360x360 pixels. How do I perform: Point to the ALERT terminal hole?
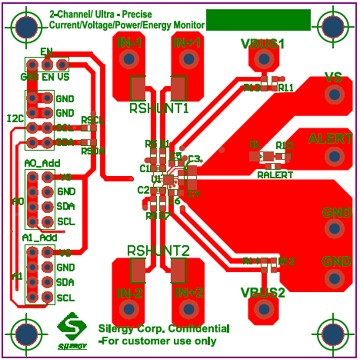click(x=335, y=156)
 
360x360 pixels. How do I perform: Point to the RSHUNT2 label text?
click(x=159, y=250)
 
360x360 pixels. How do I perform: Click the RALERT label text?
click(x=275, y=175)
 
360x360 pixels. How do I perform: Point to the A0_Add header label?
click(x=42, y=163)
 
